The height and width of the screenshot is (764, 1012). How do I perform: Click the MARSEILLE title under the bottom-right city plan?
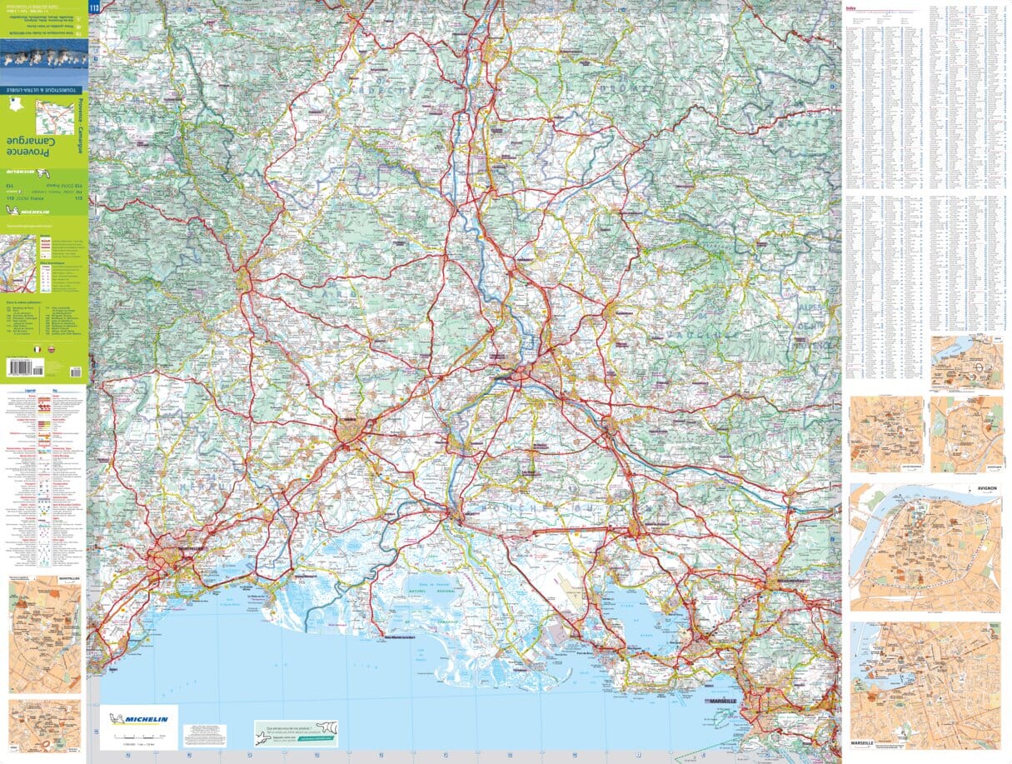[863, 742]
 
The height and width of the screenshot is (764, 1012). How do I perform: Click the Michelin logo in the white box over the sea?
[138, 718]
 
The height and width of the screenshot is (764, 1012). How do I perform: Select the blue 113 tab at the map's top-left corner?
[93, 9]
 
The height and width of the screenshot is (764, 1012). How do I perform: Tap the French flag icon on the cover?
[37, 350]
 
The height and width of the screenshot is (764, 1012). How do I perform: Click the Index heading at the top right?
[850, 7]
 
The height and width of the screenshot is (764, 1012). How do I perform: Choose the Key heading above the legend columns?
[54, 389]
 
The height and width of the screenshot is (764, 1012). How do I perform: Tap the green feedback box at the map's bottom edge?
[296, 733]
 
